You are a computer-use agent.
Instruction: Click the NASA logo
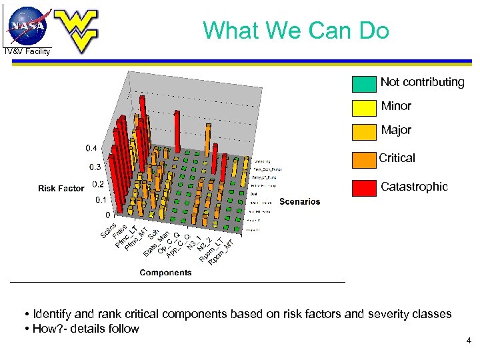pos(28,25)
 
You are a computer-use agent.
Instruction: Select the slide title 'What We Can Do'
pos(296,30)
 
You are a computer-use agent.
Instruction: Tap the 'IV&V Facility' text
pos(27,51)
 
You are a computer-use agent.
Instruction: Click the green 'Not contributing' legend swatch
pos(364,83)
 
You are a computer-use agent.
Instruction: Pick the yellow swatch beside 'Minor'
pos(364,107)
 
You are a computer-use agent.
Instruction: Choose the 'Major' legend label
pos(396,130)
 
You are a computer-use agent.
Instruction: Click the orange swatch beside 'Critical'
pos(364,159)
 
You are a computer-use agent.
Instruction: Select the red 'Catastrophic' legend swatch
pos(364,187)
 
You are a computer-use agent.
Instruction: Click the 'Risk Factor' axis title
pos(61,189)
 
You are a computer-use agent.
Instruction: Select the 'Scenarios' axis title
pos(299,201)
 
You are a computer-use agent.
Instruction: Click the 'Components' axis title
pos(165,272)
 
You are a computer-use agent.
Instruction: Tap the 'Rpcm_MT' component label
pos(221,251)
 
